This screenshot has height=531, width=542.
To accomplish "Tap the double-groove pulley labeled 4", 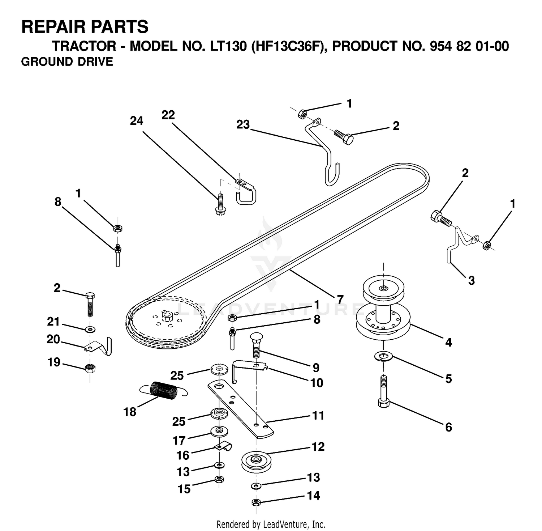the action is click(x=383, y=307).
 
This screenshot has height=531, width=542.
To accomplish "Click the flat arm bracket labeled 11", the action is click(x=240, y=409).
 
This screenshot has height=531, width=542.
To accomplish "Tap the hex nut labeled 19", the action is click(x=90, y=368).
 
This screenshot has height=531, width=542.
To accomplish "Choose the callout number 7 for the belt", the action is click(x=340, y=300).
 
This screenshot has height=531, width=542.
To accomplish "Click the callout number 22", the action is click(x=168, y=115).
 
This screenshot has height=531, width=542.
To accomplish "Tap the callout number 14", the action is click(x=313, y=495).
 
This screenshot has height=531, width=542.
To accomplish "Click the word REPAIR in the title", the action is click(x=50, y=27).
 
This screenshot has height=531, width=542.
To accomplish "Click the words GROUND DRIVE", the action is click(x=67, y=62).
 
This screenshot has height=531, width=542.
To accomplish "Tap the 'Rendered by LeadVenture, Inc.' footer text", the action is click(x=271, y=524).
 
